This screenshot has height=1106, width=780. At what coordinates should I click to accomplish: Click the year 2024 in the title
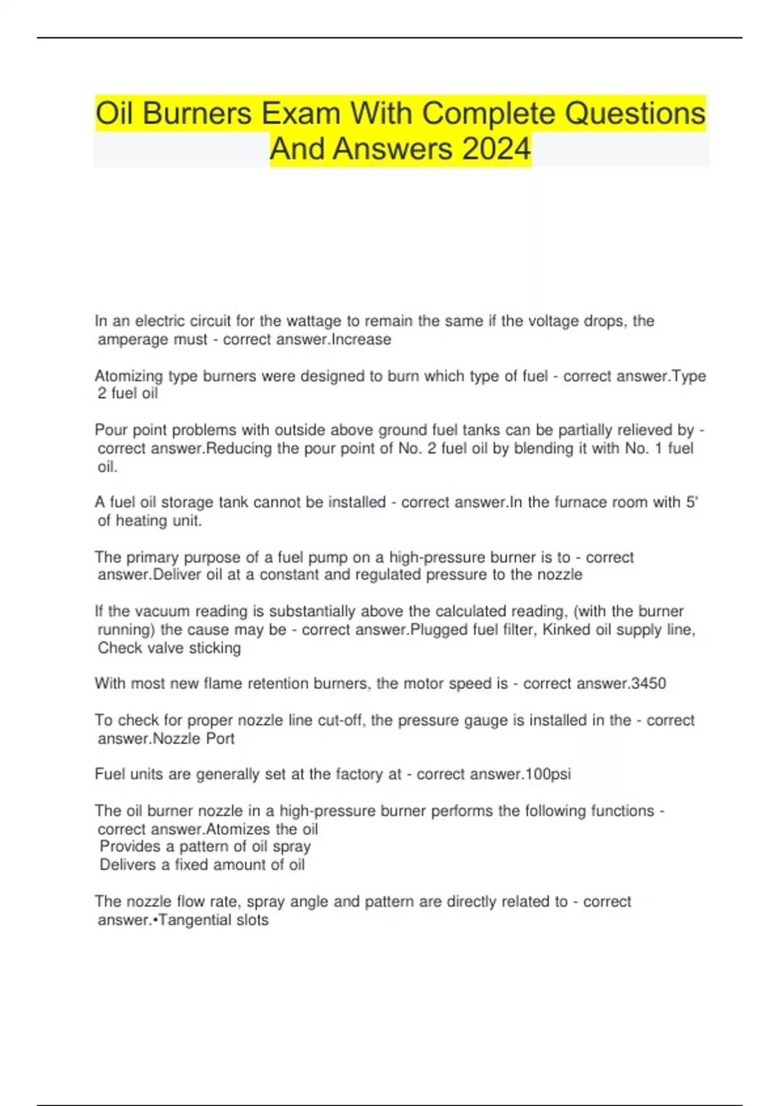tap(497, 149)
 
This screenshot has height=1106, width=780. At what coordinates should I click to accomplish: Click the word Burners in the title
tap(197, 114)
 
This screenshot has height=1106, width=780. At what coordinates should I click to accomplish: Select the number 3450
tap(649, 684)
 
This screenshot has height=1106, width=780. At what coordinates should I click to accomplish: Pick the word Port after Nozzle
tap(220, 739)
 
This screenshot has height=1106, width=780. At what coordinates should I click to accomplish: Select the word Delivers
tap(128, 865)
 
